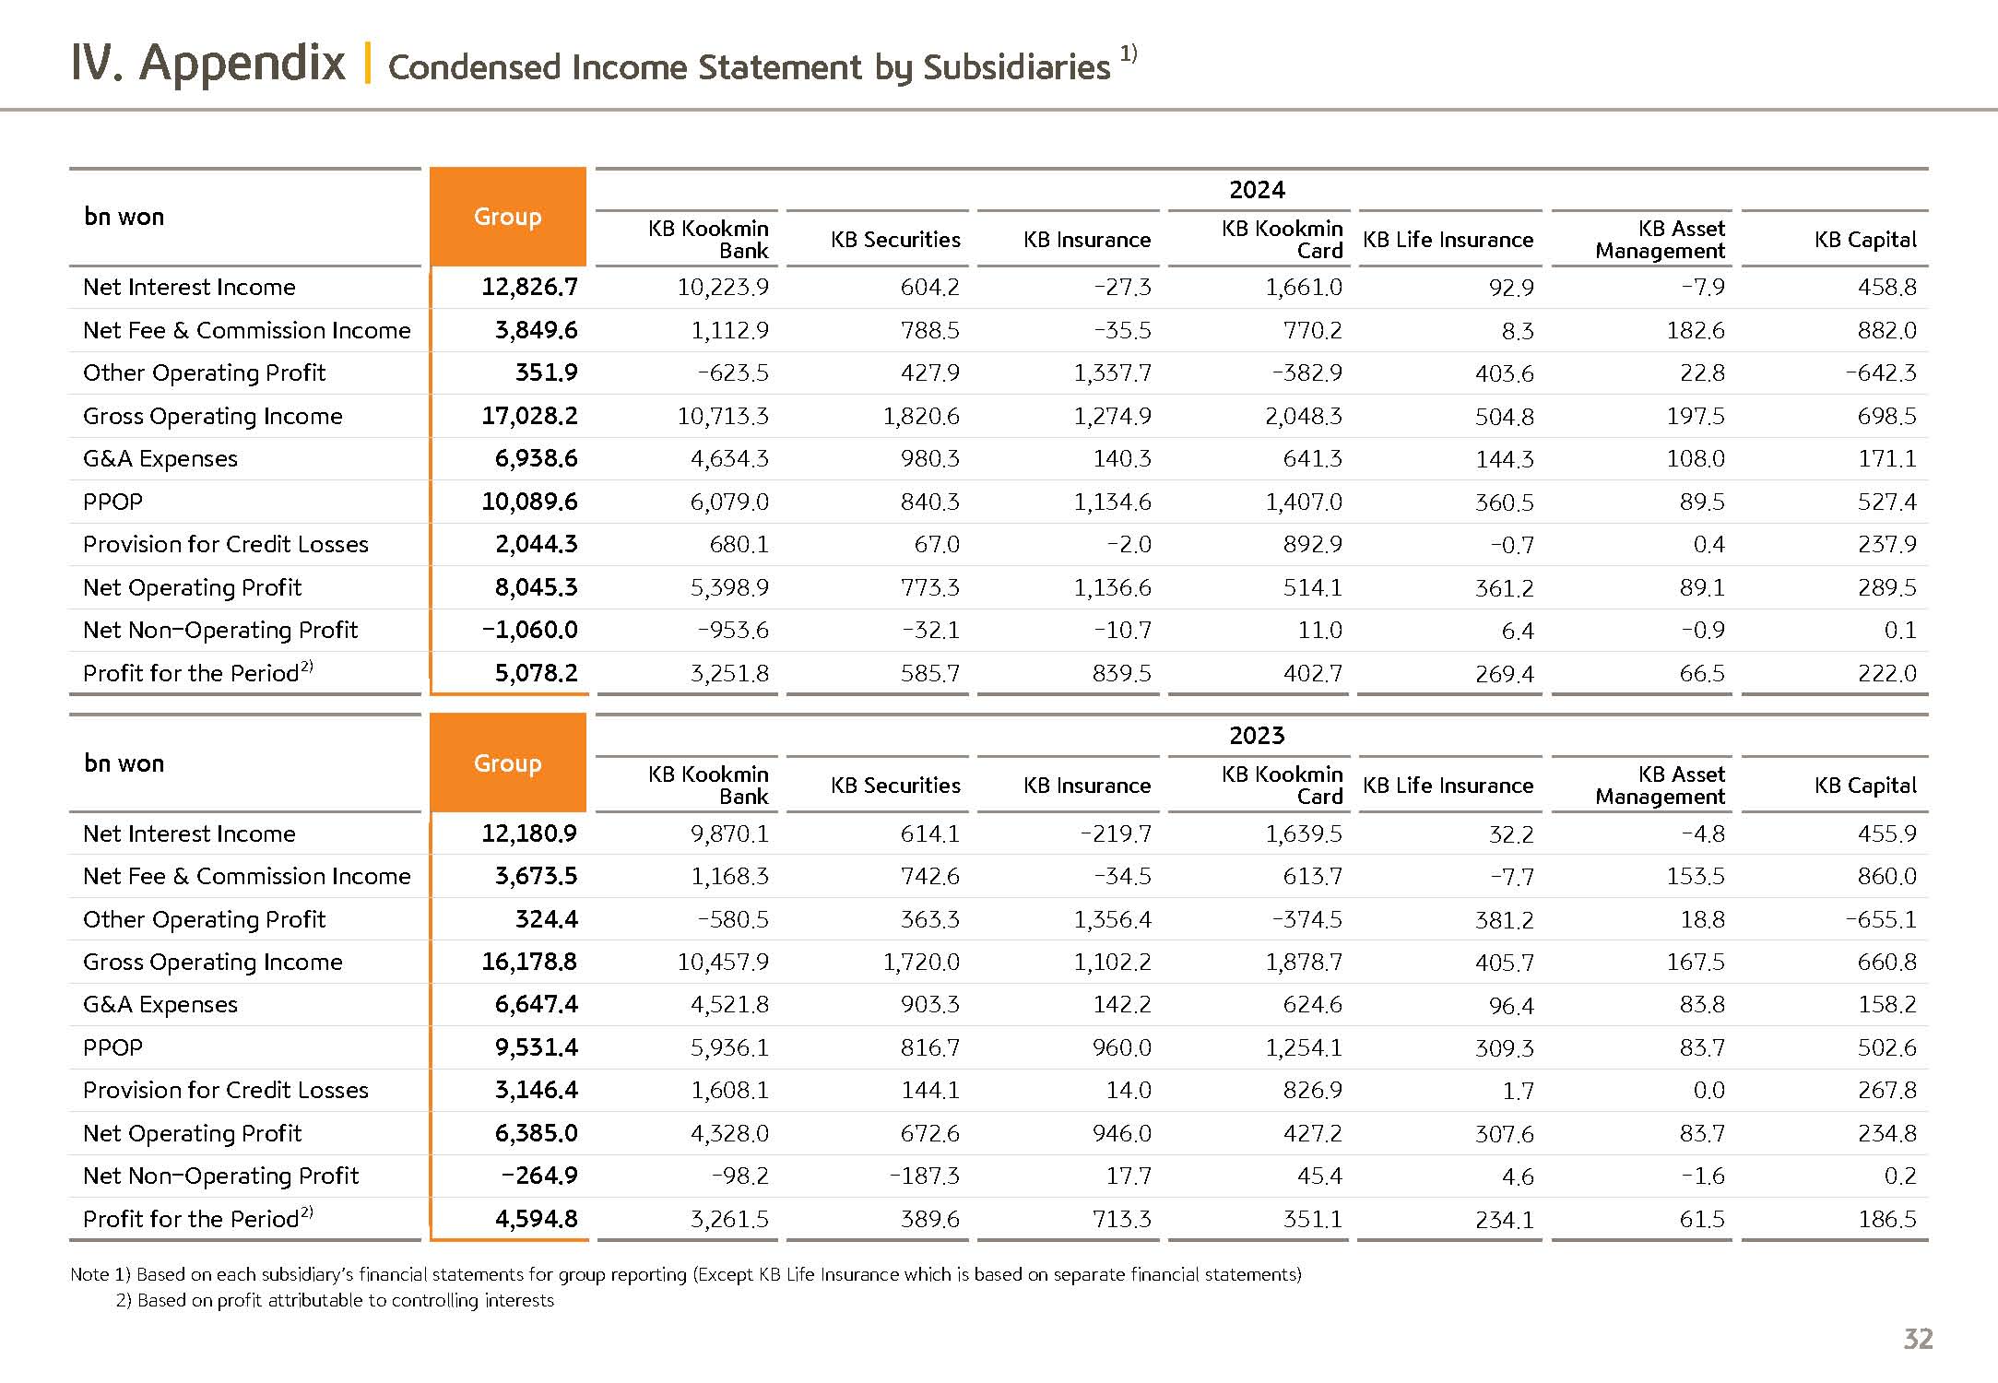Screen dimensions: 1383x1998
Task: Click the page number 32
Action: (x=1918, y=1339)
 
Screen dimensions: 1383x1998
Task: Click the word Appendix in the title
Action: (x=242, y=64)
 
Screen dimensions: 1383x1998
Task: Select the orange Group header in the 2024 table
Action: (x=507, y=217)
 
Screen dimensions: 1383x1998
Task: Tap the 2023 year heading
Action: (x=1257, y=736)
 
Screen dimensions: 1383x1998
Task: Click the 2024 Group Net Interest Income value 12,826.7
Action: (x=529, y=288)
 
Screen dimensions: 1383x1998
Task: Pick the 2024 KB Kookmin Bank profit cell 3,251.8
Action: (x=729, y=674)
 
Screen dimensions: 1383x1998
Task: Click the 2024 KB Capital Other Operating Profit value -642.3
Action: (x=1880, y=373)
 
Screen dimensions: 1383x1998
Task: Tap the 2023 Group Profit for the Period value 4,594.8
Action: (x=536, y=1220)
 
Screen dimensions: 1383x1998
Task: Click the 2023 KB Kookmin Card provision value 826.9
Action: (x=1312, y=1091)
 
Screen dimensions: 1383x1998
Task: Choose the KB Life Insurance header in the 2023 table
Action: (x=1448, y=786)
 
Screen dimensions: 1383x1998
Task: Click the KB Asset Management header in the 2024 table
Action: (x=1660, y=240)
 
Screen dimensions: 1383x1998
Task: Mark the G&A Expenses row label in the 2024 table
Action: (x=160, y=459)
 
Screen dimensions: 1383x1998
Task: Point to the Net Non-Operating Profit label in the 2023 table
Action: (x=221, y=1176)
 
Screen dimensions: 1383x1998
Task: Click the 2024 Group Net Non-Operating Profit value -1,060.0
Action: (x=529, y=631)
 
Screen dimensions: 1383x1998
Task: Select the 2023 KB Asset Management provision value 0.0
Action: (x=1708, y=1091)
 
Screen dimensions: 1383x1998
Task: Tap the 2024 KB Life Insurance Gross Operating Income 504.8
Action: (x=1504, y=417)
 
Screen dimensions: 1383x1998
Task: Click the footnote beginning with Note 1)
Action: (x=685, y=1275)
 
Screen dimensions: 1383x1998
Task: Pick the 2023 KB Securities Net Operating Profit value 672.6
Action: (x=929, y=1134)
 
